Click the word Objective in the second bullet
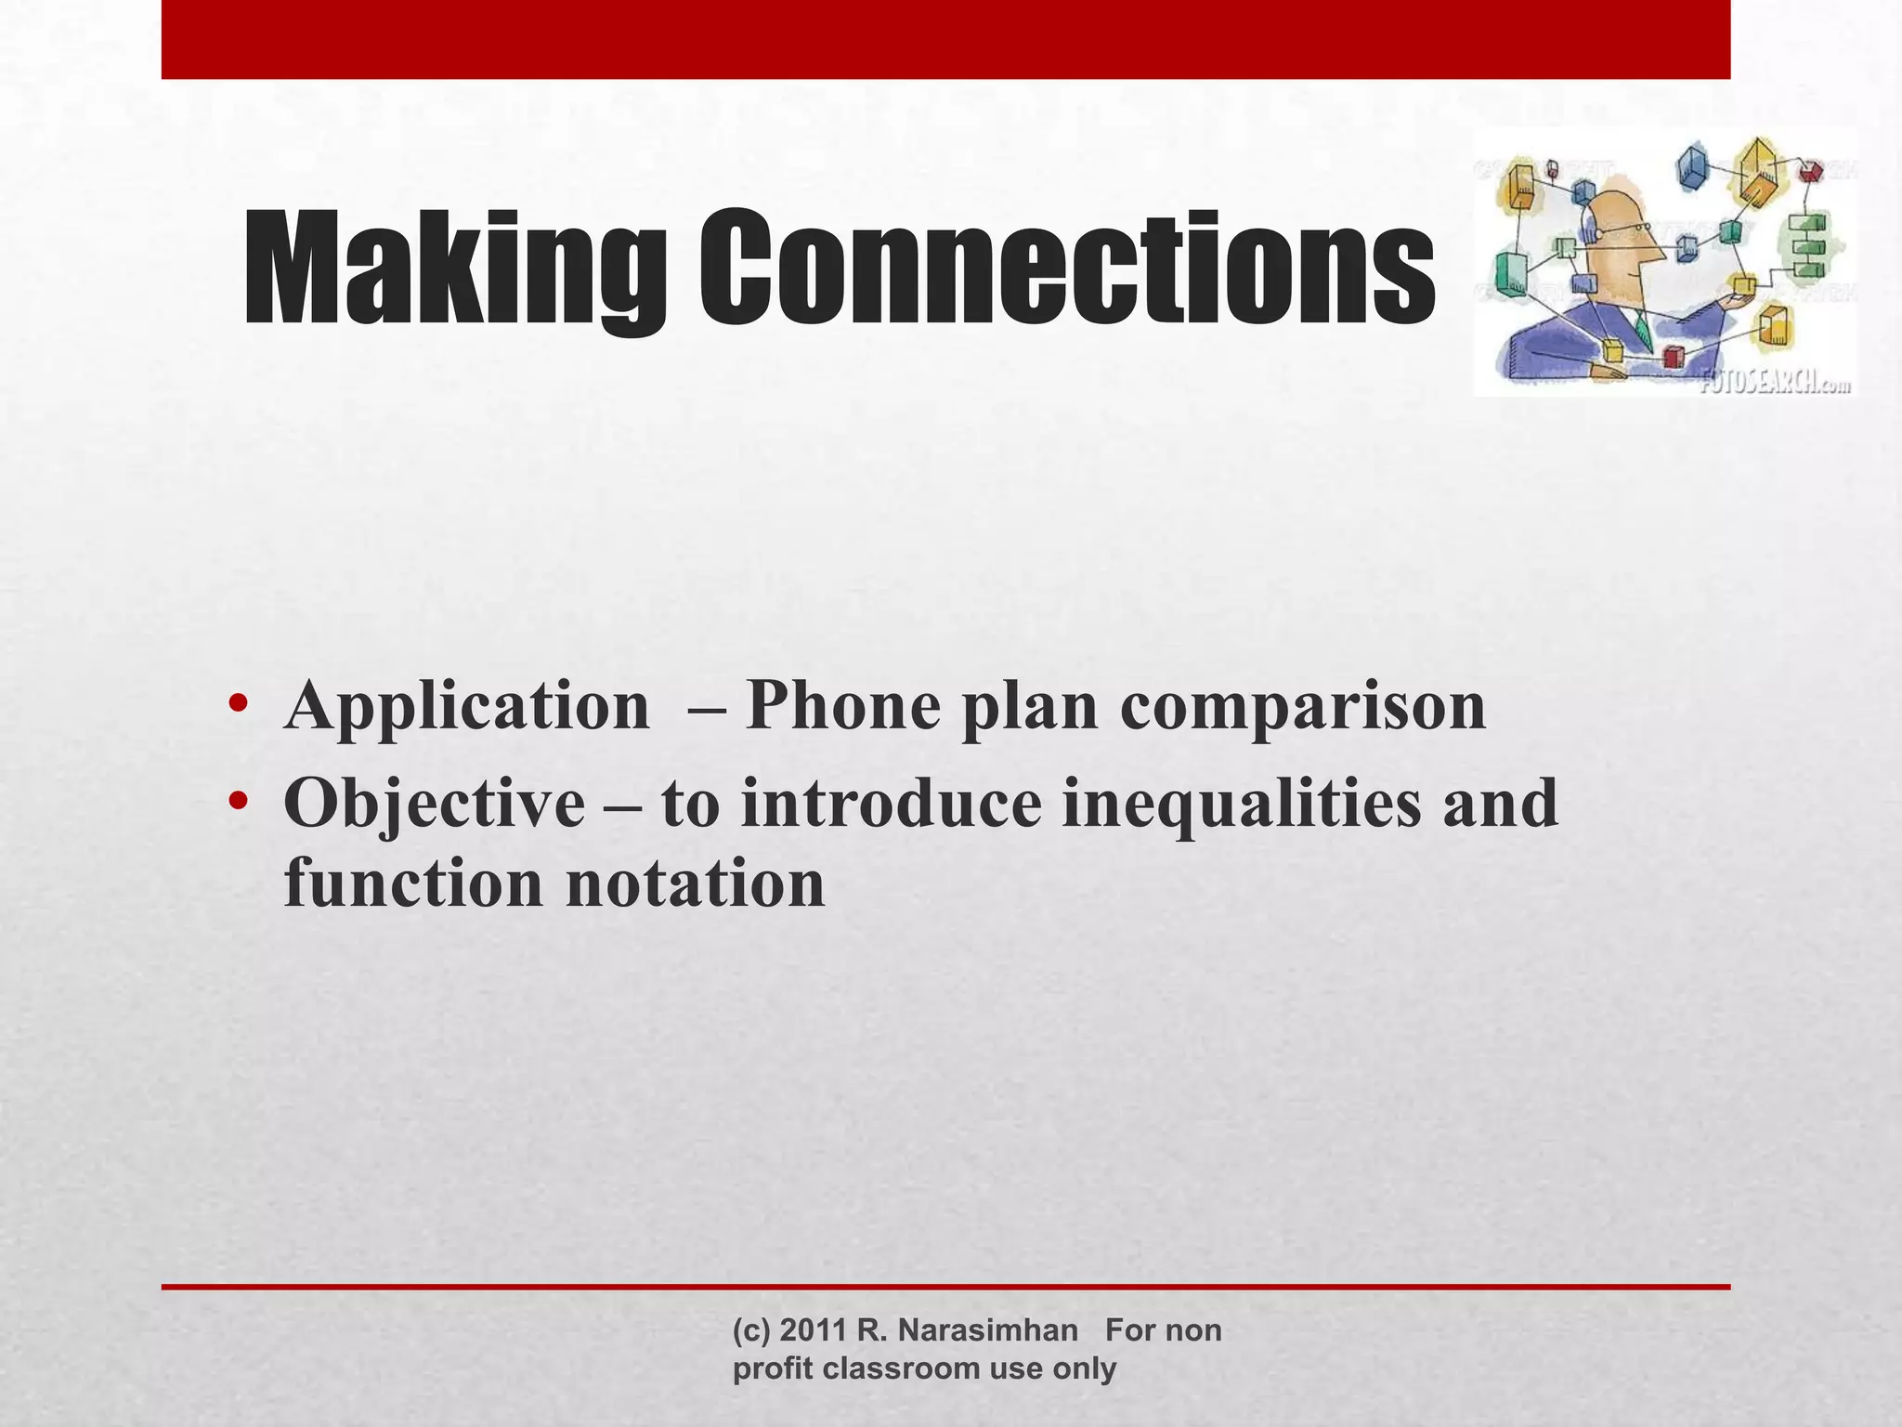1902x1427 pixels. coord(434,805)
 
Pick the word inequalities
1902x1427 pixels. coord(1241,805)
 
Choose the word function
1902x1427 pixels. coord(412,884)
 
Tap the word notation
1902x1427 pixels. coord(695,884)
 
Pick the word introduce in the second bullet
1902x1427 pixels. coord(891,805)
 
